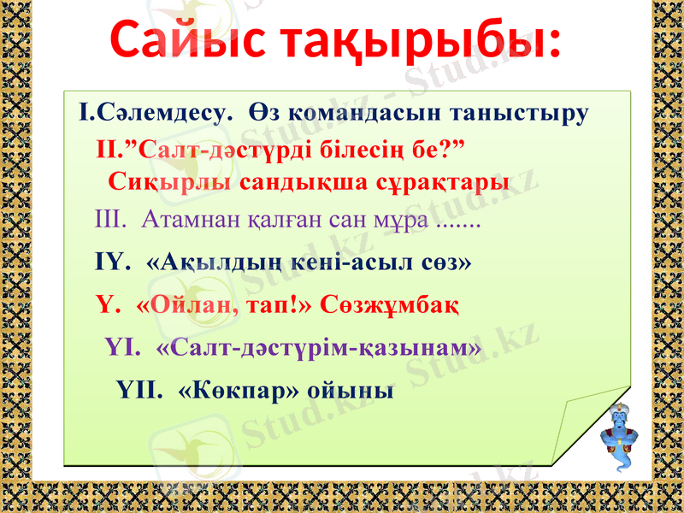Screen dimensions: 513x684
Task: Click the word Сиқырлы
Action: (170, 182)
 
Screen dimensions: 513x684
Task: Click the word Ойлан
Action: (193, 304)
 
